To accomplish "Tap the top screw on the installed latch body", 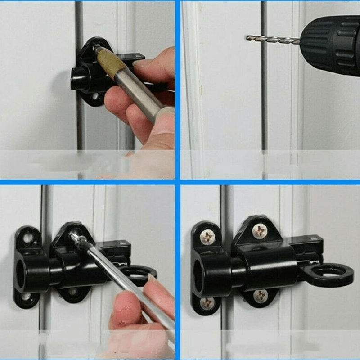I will [x=260, y=231].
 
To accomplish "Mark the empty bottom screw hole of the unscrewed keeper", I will [x=27, y=298].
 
